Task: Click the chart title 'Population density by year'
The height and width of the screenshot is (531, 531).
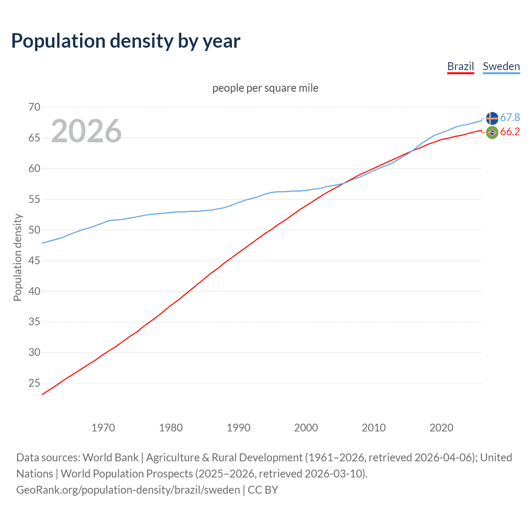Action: (126, 41)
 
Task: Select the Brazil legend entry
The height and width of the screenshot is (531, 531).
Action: (460, 66)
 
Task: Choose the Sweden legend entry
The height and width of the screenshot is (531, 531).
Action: (501, 66)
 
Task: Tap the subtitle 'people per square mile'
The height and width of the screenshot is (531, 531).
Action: (265, 88)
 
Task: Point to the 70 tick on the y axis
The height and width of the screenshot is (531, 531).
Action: (34, 107)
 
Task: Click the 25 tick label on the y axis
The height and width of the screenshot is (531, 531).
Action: (34, 383)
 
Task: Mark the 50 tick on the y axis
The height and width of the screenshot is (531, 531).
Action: (34, 230)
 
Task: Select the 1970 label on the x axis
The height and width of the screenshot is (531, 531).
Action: (103, 428)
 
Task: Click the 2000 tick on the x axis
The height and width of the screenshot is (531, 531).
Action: (306, 428)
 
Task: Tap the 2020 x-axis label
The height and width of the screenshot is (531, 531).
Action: (441, 428)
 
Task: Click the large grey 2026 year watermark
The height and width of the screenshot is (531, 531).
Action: (86, 131)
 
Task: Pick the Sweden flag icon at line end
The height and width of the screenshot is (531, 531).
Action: (492, 118)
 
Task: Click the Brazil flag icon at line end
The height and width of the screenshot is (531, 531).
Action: (492, 133)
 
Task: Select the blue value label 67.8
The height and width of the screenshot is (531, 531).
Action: (510, 118)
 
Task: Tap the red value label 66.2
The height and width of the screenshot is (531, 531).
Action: (510, 132)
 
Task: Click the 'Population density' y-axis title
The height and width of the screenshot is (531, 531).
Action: (17, 257)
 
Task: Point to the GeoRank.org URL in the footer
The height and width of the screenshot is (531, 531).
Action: (128, 490)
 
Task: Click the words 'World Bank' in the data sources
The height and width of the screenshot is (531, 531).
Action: (110, 458)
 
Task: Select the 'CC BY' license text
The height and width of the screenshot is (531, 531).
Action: (263, 490)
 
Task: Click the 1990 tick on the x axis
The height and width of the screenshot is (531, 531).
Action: (239, 428)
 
